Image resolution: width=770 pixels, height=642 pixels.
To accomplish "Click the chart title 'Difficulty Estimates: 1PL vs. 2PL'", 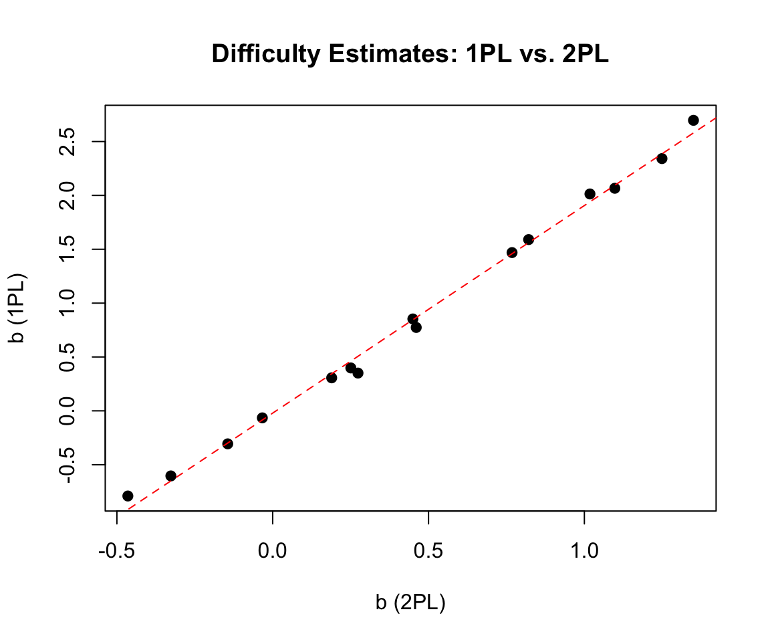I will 410,54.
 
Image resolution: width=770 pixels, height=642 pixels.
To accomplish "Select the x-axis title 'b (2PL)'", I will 410,603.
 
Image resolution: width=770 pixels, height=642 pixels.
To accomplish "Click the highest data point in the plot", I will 693,120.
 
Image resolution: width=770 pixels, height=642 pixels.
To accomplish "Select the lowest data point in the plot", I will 128,496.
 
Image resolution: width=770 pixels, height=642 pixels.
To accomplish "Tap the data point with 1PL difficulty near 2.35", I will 662,158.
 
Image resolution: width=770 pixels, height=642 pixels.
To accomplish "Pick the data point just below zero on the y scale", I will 262,418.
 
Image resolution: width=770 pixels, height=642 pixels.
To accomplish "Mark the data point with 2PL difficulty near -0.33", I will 170,475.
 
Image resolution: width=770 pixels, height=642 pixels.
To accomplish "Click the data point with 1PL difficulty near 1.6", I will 528,239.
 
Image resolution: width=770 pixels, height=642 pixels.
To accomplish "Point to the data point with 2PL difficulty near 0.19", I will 332,378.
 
